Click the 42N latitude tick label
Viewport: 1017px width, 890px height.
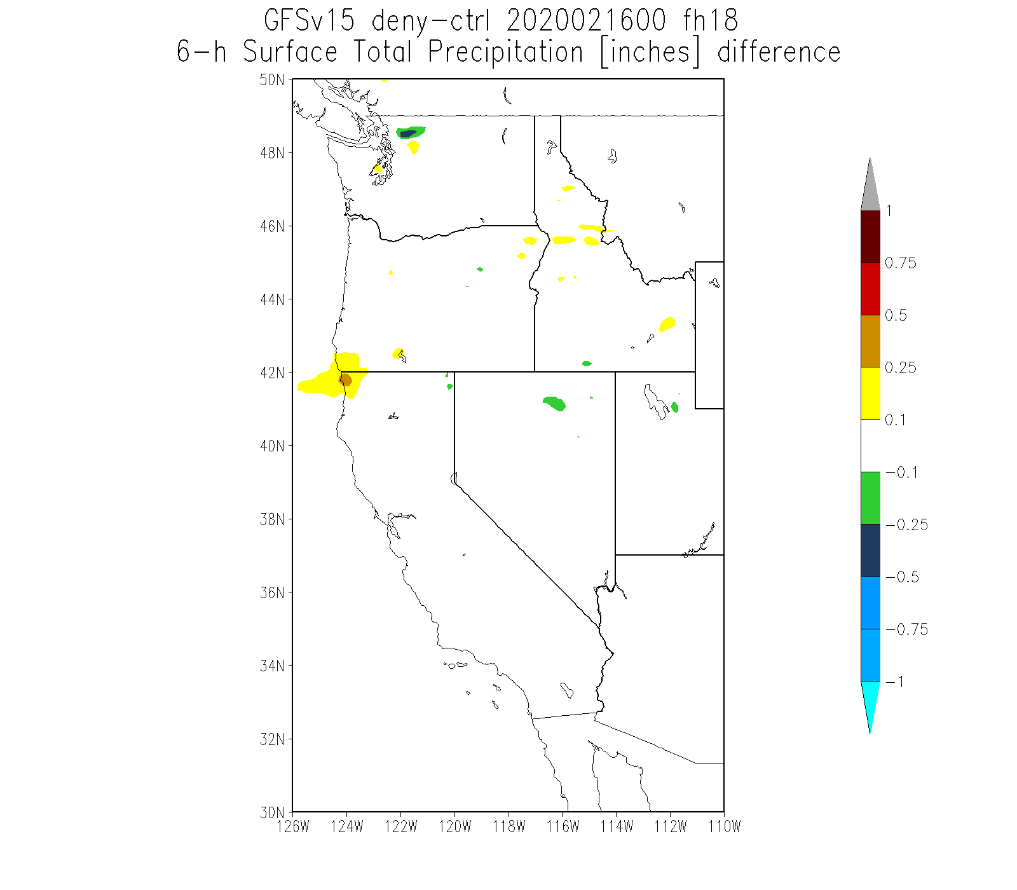[x=271, y=373]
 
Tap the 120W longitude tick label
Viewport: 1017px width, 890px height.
[x=454, y=826]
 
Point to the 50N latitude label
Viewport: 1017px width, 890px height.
[x=271, y=80]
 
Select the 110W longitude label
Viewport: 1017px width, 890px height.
[x=724, y=826]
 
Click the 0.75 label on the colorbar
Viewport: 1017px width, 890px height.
[x=900, y=263]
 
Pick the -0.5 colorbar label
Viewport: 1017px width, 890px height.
[x=902, y=577]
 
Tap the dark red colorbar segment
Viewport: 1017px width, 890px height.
[x=870, y=236]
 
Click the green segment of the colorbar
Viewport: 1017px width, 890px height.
[x=870, y=498]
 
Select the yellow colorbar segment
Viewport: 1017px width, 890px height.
[x=870, y=394]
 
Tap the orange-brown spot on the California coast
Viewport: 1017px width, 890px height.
[x=345, y=380]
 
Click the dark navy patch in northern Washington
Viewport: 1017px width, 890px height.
[x=408, y=133]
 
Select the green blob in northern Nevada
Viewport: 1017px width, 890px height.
[x=555, y=404]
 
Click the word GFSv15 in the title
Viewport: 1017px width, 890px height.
[x=309, y=21]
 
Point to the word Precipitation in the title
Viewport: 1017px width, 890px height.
[x=505, y=52]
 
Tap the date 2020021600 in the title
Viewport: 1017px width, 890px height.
[x=585, y=21]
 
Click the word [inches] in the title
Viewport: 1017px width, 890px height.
[x=650, y=52]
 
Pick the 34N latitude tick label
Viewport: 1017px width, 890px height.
[x=271, y=666]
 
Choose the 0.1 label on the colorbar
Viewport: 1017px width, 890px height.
[x=896, y=420]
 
